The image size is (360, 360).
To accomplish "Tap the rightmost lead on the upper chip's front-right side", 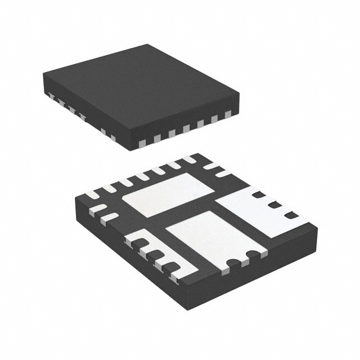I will coord(228,115).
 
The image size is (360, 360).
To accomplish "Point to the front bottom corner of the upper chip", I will coord(132,148).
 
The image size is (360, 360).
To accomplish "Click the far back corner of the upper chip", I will coord(148,45).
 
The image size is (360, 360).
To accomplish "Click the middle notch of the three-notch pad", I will coord(274,205).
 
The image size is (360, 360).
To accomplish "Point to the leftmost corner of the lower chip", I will coord(75,200).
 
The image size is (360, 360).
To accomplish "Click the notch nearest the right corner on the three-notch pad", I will coord(291,215).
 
